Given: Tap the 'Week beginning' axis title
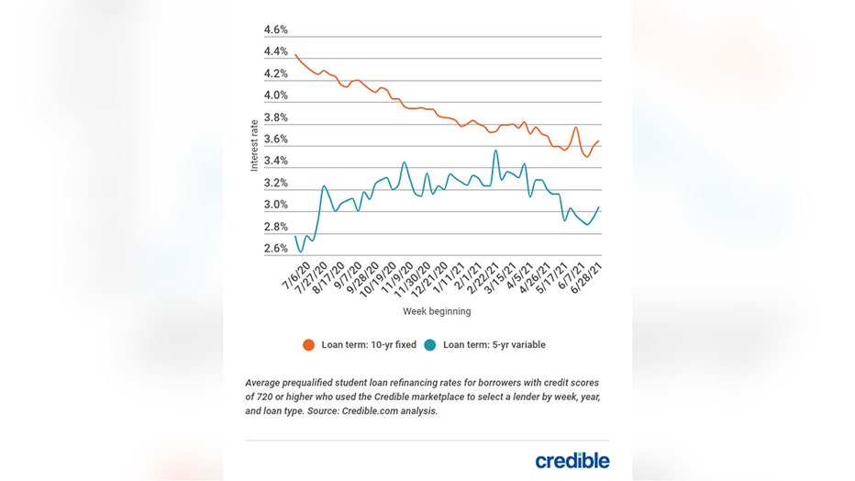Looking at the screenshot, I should [437, 311].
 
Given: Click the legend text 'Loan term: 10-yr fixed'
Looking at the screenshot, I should [367, 345].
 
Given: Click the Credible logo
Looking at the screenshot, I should [572, 460].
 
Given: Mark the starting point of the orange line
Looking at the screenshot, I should [294, 55].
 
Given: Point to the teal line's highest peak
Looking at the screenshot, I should [495, 151].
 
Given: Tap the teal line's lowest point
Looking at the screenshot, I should [300, 251].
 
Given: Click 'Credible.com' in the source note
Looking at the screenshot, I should [376, 412].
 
